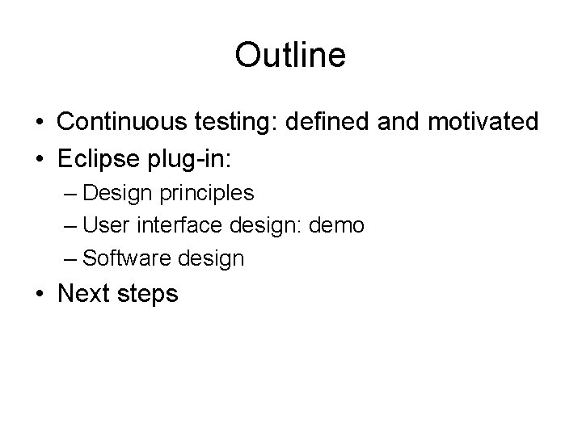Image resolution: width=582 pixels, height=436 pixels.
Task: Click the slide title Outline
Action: tap(290, 55)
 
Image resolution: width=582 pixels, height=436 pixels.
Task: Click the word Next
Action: tap(84, 294)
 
